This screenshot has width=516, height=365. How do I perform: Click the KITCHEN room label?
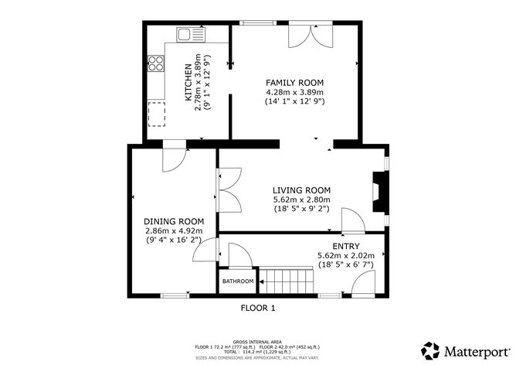click(x=188, y=84)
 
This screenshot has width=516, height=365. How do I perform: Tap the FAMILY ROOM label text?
click(x=294, y=83)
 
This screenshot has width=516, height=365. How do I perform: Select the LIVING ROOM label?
click(x=301, y=190)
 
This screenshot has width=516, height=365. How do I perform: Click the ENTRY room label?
click(x=345, y=246)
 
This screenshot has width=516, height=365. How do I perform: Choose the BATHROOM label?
click(x=238, y=281)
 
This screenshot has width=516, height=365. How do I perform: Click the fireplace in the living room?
click(x=378, y=192)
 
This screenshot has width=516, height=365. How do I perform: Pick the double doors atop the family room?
click(x=304, y=35)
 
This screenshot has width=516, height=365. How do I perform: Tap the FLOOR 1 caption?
click(x=258, y=308)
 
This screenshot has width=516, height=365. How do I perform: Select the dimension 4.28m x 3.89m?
click(x=294, y=92)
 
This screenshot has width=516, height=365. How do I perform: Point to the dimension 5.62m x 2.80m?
click(x=301, y=200)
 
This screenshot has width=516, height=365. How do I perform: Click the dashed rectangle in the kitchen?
click(x=157, y=114)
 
